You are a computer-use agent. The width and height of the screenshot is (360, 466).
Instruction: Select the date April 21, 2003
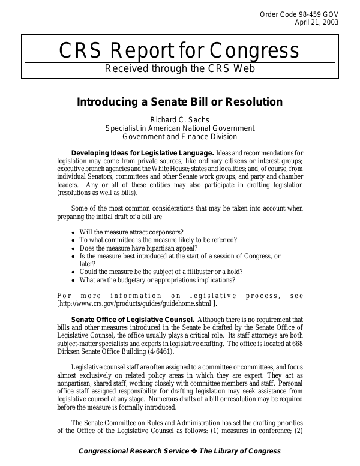coord(316,23)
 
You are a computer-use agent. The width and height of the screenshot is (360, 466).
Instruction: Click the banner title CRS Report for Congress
coord(179,51)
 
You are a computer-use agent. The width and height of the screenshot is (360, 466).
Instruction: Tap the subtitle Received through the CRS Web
coord(179,68)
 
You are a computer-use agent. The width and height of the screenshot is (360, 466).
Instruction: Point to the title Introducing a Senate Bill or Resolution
coord(179,101)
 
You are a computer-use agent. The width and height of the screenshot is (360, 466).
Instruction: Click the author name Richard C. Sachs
coord(179,119)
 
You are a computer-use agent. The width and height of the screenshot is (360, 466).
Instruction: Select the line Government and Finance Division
coord(179,136)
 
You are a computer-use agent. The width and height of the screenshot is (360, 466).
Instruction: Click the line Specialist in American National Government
coord(179,128)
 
